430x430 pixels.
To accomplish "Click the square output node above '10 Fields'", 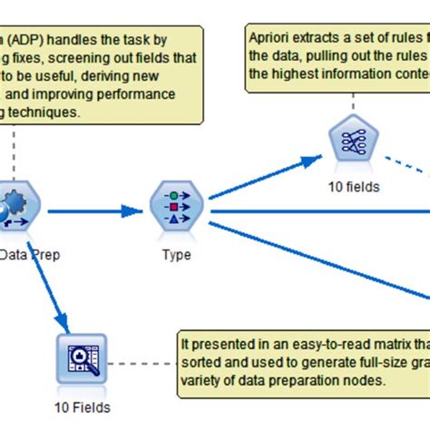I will click(x=81, y=357).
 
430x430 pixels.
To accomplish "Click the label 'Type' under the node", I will click(x=176, y=255).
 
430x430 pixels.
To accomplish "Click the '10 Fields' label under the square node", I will click(x=81, y=408).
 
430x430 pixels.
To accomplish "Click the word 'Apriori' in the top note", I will click(x=275, y=39).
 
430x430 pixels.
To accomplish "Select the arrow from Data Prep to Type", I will click(x=95, y=211).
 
